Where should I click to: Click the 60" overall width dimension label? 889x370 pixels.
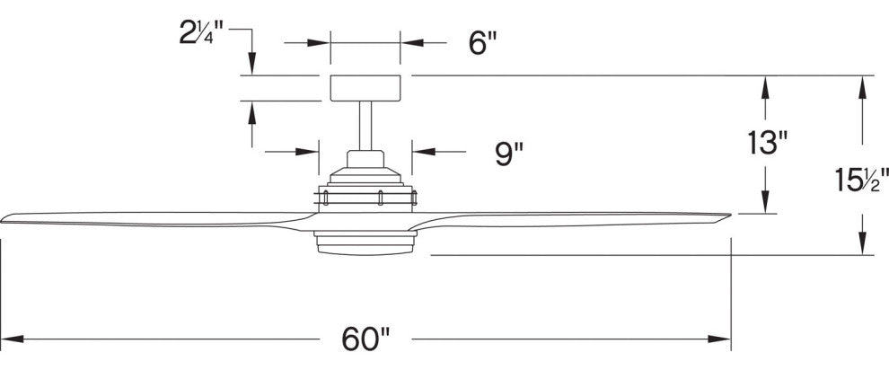[365, 339]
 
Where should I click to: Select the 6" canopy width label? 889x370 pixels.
[483, 43]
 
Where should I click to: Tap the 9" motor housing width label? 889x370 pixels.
[508, 154]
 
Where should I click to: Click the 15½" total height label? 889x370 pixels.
[861, 180]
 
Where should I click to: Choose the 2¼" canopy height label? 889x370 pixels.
[198, 33]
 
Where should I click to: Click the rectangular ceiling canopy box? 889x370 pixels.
[365, 88]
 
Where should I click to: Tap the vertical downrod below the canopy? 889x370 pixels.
[365, 126]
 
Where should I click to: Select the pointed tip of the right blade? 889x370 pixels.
[730, 215]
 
